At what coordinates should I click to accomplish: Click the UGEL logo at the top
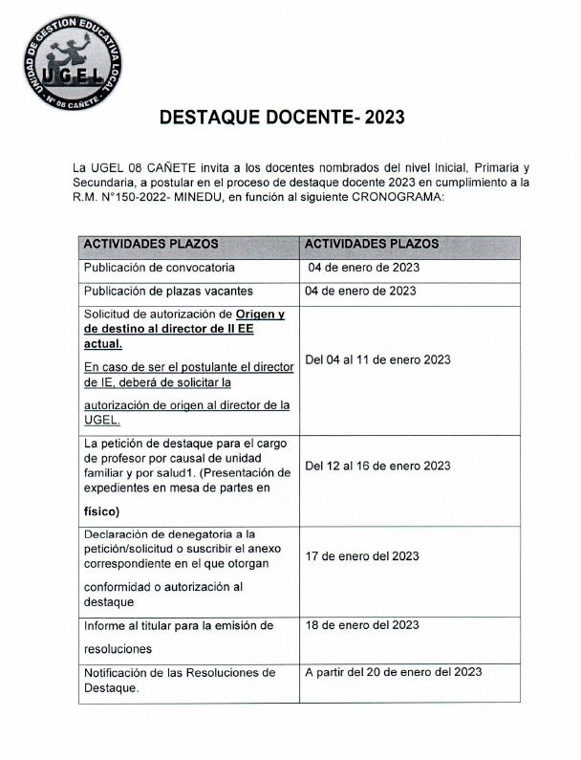click(x=74, y=58)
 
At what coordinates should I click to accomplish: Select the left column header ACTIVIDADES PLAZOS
click(x=151, y=244)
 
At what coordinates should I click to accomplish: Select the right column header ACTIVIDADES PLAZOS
click(x=371, y=244)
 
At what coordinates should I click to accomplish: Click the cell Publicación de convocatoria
click(x=159, y=268)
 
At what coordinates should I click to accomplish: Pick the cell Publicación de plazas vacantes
click(x=168, y=291)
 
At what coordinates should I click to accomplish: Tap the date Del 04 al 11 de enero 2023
click(x=377, y=359)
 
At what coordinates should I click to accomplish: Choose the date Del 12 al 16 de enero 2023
click(x=377, y=466)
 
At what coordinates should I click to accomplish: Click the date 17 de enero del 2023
click(x=362, y=555)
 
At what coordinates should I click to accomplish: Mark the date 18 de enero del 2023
click(x=362, y=625)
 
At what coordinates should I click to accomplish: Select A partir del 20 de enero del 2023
click(x=392, y=672)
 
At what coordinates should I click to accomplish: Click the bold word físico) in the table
click(x=101, y=510)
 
